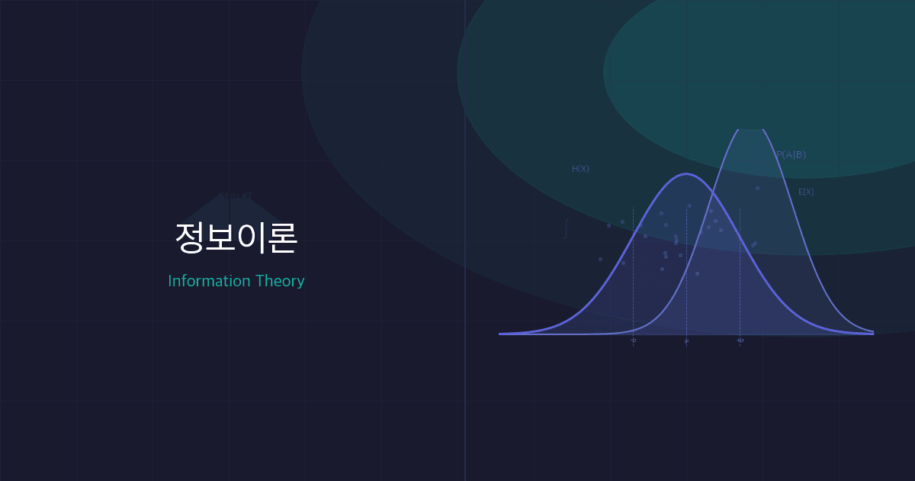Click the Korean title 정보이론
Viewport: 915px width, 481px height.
pos(236,238)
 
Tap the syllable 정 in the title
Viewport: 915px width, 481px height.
pos(190,238)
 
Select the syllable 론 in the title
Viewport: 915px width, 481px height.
pos(282,238)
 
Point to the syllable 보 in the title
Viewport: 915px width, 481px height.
pos(221,238)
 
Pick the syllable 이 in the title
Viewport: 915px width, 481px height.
pos(252,238)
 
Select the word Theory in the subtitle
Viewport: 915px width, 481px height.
pos(280,281)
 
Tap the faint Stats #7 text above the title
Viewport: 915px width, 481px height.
pos(236,196)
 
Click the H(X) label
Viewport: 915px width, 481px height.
pos(580,169)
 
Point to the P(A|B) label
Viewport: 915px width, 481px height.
pos(791,155)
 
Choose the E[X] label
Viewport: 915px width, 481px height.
pos(806,192)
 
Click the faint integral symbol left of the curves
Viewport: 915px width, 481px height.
pos(566,228)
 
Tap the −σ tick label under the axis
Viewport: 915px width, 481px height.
pos(633,341)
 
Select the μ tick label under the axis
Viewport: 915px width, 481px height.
pos(686,341)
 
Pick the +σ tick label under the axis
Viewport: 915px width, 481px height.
pos(740,341)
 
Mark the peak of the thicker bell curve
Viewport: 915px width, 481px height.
pos(686,174)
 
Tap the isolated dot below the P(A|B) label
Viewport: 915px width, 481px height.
pos(757,188)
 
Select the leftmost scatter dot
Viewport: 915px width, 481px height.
pos(600,259)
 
